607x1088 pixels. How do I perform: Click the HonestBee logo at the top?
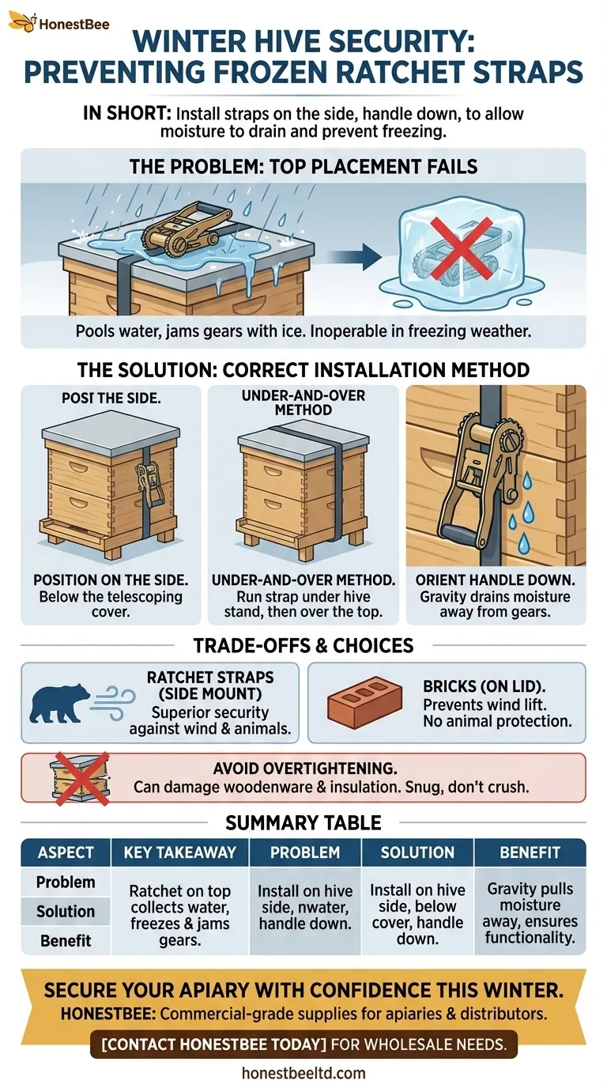[x=59, y=23]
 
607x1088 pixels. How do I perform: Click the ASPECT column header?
[x=66, y=852]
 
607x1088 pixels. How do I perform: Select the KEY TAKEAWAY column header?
[x=179, y=852]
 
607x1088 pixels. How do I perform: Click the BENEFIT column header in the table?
[x=530, y=852]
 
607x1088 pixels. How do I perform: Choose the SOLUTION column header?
[x=417, y=852]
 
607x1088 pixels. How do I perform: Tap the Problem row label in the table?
[x=66, y=882]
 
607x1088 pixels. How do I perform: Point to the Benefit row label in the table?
[x=66, y=941]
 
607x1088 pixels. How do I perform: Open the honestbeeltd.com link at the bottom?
[x=303, y=1073]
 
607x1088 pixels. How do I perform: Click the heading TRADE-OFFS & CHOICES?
[x=303, y=645]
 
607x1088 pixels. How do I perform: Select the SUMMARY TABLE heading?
[x=303, y=822]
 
